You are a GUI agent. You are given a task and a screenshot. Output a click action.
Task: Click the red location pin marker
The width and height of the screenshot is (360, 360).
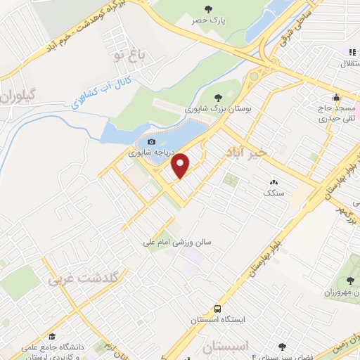pos(181,164)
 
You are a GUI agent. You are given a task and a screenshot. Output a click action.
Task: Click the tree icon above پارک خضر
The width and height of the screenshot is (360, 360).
pos(210,8)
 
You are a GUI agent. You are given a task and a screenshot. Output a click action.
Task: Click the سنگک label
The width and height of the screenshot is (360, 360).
pos(273,193)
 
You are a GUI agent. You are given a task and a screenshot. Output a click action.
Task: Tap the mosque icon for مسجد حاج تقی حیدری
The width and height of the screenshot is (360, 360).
pos(337,98)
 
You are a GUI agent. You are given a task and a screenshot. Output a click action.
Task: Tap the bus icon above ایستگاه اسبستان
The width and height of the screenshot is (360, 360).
pos(219,309)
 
